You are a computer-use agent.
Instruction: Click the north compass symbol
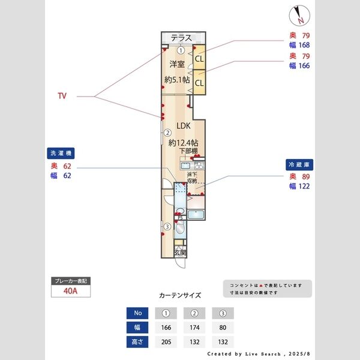click(301, 14)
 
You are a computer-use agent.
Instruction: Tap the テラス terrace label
click(181, 38)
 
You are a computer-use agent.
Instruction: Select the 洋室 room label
click(176, 64)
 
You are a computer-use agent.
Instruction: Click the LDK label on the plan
click(184, 127)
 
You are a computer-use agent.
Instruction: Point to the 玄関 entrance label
click(180, 253)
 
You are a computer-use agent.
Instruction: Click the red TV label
click(62, 96)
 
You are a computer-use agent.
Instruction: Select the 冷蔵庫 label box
click(301, 163)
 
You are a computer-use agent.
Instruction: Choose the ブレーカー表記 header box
click(71, 281)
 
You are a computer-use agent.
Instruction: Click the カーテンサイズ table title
click(180, 296)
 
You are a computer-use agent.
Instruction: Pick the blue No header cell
click(137, 313)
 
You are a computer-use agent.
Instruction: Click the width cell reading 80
click(223, 327)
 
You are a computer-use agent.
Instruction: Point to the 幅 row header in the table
click(137, 327)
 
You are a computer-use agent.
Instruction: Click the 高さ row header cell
click(137, 341)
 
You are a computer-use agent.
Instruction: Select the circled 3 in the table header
click(223, 313)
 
